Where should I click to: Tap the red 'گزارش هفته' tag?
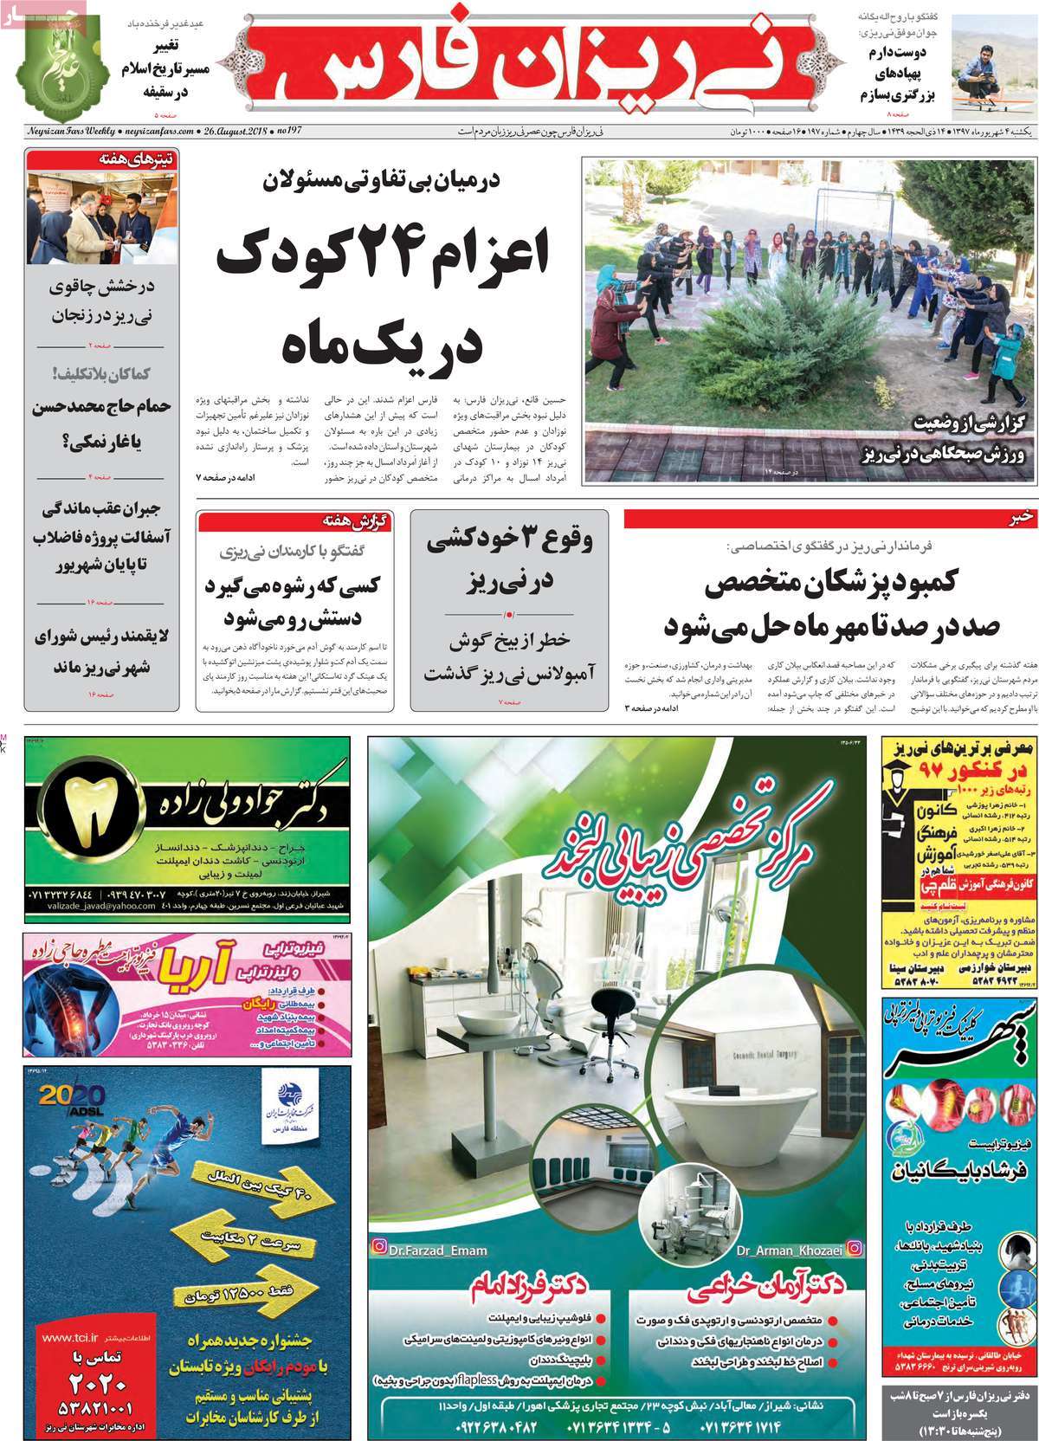(354, 520)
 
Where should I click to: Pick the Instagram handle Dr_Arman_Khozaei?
(779, 1249)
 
